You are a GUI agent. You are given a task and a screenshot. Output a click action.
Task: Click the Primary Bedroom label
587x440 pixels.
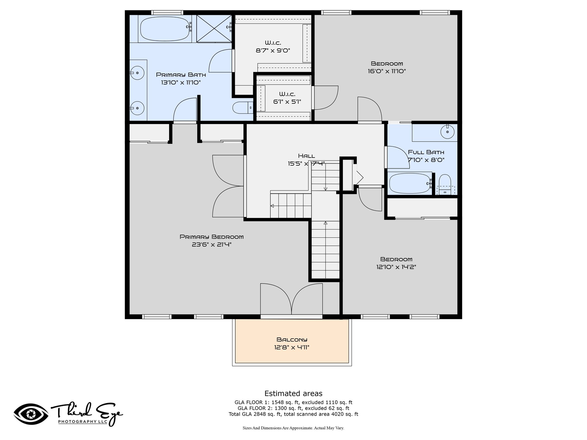pos(212,237)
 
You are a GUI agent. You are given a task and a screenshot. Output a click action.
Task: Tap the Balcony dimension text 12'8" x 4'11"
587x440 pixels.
pos(292,347)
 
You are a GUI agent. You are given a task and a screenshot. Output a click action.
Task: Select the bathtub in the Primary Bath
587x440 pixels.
pos(166,29)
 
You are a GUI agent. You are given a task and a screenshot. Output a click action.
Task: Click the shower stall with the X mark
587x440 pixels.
pos(214,28)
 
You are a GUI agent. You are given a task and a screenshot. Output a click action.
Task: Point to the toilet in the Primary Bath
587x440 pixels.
pos(242,108)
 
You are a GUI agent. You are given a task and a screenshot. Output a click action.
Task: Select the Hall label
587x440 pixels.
pos(306,156)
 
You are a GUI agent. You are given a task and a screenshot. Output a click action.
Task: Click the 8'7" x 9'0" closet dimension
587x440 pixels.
pos(273,51)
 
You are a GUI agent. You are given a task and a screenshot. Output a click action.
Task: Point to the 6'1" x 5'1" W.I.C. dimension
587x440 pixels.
pos(287,102)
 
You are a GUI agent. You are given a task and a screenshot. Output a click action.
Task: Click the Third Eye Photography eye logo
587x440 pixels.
pos(31,415)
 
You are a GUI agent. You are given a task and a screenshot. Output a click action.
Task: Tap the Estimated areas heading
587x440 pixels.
pos(293,393)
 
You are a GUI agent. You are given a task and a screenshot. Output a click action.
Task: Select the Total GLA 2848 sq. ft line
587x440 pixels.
pos(293,414)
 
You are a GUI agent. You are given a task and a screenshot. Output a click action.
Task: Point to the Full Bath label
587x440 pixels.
pos(426,152)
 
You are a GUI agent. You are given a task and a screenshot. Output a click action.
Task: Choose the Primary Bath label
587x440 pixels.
pos(181,75)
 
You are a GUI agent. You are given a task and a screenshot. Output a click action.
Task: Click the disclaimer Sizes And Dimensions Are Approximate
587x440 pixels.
pos(293,428)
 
